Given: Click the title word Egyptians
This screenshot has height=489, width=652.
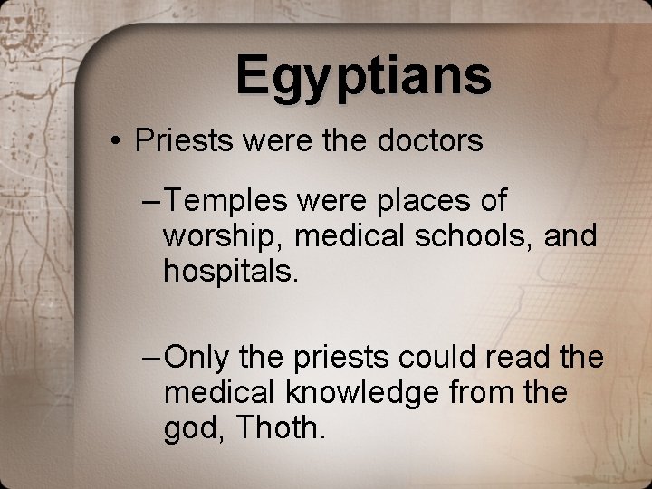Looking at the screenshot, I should click(x=364, y=75).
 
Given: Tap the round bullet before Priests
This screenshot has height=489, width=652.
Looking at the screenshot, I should click(x=118, y=142).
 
